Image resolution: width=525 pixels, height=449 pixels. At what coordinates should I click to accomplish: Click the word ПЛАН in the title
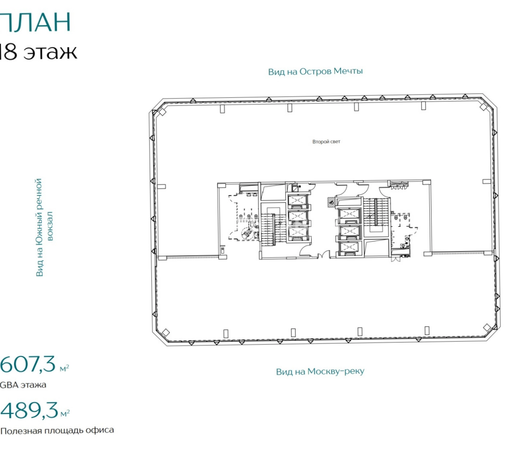(35, 22)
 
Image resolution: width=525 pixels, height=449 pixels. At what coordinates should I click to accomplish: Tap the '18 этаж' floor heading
(38, 52)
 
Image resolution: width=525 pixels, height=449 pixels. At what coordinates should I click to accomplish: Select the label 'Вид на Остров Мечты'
(315, 71)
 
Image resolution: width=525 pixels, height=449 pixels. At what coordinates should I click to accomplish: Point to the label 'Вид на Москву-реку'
(320, 372)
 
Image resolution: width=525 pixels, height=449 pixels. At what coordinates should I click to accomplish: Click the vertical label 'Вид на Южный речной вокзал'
(44, 227)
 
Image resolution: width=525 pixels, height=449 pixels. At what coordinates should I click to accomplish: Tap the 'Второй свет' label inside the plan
(326, 142)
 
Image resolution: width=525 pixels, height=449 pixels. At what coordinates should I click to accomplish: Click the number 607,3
(27, 364)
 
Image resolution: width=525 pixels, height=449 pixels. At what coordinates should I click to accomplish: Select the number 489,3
(29, 411)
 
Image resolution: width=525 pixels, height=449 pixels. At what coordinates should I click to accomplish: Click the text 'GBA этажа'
(23, 385)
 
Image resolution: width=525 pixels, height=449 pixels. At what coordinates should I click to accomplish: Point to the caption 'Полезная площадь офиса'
(57, 431)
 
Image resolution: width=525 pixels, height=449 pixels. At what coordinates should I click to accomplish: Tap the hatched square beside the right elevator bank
(331, 202)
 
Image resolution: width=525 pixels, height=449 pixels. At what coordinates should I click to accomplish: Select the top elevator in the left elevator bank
(298, 200)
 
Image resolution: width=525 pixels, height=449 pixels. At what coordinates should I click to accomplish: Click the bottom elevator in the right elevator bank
(349, 248)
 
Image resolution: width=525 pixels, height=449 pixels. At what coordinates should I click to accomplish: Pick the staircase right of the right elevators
(376, 212)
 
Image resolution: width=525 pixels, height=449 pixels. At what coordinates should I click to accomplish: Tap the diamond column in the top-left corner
(162, 112)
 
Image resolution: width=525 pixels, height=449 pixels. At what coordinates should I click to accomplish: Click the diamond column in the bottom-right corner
(487, 328)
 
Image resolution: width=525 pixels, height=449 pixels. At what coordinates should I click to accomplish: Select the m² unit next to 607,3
(64, 368)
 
